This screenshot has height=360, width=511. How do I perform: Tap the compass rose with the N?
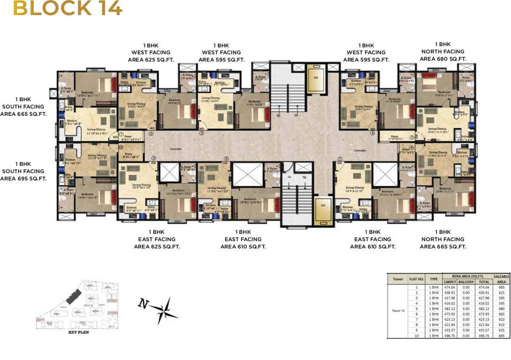[x=161, y=309]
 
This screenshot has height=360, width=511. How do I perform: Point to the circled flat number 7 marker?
[x=339, y=158]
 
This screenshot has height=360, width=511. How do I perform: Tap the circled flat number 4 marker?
[x=373, y=133]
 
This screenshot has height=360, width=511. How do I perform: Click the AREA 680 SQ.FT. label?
[x=443, y=59]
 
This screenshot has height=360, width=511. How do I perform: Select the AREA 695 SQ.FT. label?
[x=23, y=179]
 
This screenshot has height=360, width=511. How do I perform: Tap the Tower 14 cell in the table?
[x=398, y=310]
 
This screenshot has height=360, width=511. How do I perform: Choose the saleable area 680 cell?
[x=501, y=309]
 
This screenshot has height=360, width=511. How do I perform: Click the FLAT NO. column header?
[x=416, y=279]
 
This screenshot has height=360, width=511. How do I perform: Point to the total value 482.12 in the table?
[x=483, y=309]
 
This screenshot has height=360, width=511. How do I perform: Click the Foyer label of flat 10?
[x=128, y=153]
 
